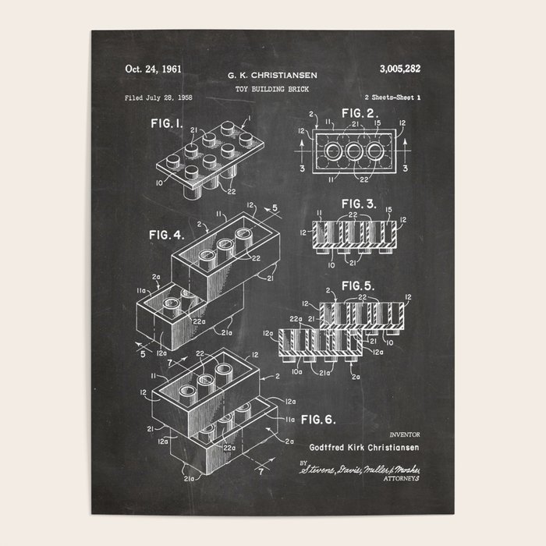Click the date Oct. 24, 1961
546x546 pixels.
tap(153, 69)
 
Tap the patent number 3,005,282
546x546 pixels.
tap(399, 69)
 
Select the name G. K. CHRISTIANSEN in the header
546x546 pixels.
tap(272, 76)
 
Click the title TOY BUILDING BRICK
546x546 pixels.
tap(272, 89)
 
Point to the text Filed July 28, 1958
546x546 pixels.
tap(158, 97)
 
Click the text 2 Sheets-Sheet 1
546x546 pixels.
tap(392, 97)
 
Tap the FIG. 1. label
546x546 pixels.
tap(166, 123)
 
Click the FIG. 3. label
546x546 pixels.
tap(359, 204)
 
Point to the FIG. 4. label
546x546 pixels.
tap(166, 234)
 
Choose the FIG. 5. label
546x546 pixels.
tap(359, 285)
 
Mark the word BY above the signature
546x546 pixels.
tap(303, 462)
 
